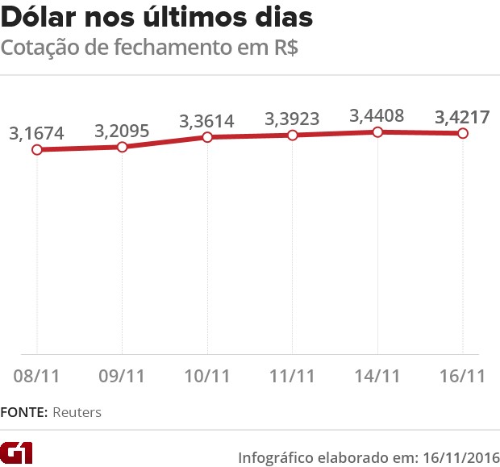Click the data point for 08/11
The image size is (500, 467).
(x=37, y=150)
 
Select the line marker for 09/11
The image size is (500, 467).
(x=122, y=147)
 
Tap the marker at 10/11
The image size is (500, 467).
(x=207, y=137)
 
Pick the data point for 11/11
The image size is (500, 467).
(x=293, y=135)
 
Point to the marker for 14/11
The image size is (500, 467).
(x=378, y=131)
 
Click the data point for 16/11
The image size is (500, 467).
(x=463, y=133)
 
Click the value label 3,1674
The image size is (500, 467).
(x=37, y=133)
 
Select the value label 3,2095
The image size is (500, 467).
(x=122, y=131)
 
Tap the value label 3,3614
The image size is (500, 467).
(x=207, y=122)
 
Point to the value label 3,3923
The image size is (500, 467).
(x=293, y=119)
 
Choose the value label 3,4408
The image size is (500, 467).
(x=378, y=115)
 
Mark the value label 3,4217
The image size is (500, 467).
(x=463, y=116)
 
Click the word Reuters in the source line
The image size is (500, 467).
(x=77, y=412)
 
